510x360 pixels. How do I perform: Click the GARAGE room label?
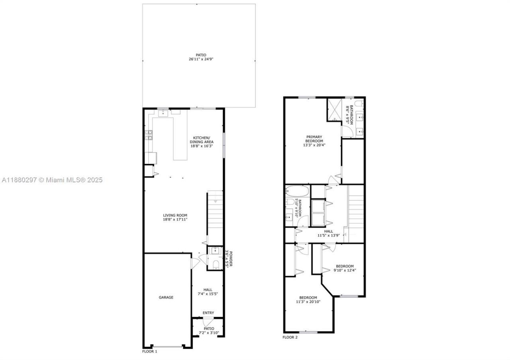(166, 297)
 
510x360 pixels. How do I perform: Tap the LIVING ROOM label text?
(175, 215)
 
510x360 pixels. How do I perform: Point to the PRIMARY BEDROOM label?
(314, 139)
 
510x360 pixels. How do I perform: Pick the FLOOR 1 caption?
(150, 352)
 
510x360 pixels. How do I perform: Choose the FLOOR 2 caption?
(290, 337)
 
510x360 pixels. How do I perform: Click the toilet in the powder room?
(216, 265)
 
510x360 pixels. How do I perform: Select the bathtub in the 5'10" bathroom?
(297, 191)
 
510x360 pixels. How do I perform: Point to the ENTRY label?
(208, 313)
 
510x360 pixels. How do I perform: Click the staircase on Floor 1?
(215, 217)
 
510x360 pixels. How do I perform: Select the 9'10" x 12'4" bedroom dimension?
(345, 270)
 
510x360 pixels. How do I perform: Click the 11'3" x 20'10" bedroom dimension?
(308, 302)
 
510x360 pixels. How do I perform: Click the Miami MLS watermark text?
(52, 180)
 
